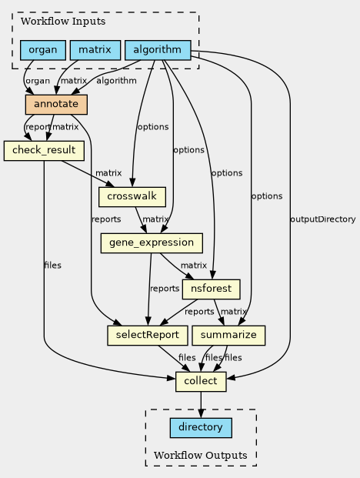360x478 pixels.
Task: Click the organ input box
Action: tap(43, 50)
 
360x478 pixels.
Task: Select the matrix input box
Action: tap(95, 50)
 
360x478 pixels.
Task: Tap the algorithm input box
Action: tap(158, 50)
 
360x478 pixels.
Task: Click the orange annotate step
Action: tap(56, 105)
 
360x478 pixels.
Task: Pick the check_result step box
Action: tap(44, 151)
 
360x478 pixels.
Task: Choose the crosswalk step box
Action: tap(132, 197)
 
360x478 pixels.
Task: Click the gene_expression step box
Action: tap(152, 243)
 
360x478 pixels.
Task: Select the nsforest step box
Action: tap(212, 289)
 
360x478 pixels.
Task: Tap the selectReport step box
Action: tap(148, 336)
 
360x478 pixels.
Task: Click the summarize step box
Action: tap(228, 336)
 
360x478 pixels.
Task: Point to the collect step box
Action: tap(201, 382)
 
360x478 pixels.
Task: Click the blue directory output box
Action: tap(201, 428)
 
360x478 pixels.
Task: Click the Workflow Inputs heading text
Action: tap(63, 22)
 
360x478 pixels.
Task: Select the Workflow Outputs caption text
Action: tap(201, 455)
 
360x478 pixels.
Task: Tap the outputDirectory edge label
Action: tap(323, 219)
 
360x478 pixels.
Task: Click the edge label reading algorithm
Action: tap(116, 81)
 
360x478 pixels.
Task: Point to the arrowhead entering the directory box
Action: tap(201, 413)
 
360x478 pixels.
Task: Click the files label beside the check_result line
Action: tap(52, 266)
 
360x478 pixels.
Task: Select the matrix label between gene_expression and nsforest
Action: tap(194, 266)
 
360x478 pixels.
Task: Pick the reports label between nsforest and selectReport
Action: tap(199, 312)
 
